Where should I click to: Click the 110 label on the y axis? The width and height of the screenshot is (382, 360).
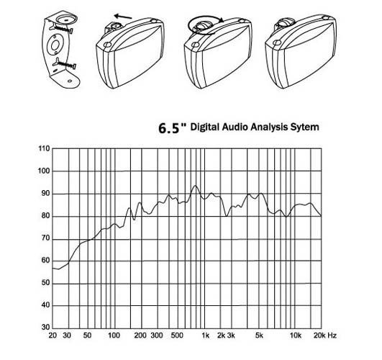(x=44, y=148)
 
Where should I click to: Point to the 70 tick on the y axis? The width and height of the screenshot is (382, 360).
(x=45, y=238)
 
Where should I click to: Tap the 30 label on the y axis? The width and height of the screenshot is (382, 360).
(x=45, y=328)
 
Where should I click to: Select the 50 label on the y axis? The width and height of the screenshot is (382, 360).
(x=45, y=283)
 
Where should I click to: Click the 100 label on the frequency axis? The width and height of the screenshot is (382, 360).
(x=114, y=336)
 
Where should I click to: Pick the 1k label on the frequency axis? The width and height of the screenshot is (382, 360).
(x=205, y=336)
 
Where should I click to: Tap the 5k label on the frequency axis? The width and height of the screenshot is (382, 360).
(x=259, y=336)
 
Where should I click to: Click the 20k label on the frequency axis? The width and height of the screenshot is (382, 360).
(x=319, y=336)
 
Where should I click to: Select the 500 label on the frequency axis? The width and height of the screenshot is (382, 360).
(x=177, y=336)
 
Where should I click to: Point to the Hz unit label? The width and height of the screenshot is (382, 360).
(x=332, y=336)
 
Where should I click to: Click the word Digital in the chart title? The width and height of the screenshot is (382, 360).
(x=204, y=127)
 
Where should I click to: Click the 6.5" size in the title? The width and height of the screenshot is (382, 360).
(x=172, y=128)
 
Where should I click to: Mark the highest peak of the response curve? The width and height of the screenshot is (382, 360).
(x=195, y=186)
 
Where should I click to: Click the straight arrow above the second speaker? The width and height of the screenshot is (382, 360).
(x=123, y=17)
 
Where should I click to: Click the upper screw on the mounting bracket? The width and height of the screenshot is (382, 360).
(x=62, y=29)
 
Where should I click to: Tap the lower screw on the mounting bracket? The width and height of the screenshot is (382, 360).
(x=64, y=64)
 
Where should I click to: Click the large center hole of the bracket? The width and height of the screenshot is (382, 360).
(x=55, y=45)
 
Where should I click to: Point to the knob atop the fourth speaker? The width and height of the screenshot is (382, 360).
(x=285, y=23)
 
